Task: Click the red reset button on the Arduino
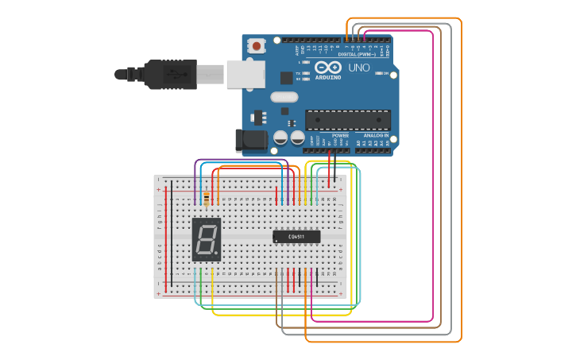256,46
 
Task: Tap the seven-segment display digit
207,239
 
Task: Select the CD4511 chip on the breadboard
296,236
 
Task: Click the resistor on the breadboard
207,198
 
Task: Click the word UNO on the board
359,68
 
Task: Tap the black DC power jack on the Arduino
252,141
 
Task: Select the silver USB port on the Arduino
245,74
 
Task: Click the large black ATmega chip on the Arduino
348,119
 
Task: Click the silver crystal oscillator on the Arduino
284,97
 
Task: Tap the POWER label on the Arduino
340,136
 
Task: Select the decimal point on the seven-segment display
216,254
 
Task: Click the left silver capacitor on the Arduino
280,137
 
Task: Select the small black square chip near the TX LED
286,78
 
